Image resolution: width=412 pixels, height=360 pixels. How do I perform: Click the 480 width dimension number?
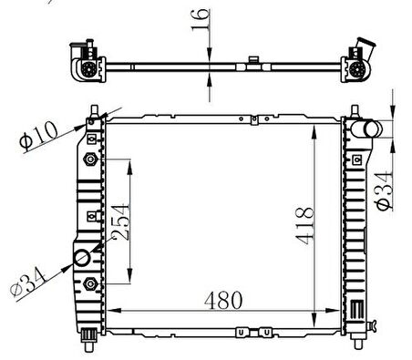click(x=223, y=300)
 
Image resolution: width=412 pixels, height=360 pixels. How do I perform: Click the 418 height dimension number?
click(x=304, y=226)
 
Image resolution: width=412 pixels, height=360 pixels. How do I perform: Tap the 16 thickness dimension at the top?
click(x=201, y=20)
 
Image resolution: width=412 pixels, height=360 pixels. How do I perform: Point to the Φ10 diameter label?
click(x=39, y=136)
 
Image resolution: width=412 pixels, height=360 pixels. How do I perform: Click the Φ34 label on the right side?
click(x=385, y=191)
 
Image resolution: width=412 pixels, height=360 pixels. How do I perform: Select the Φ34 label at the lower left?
click(x=28, y=282)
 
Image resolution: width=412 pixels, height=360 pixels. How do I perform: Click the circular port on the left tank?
click(x=82, y=258)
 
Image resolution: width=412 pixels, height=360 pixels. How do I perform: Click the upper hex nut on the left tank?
click(x=90, y=159)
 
